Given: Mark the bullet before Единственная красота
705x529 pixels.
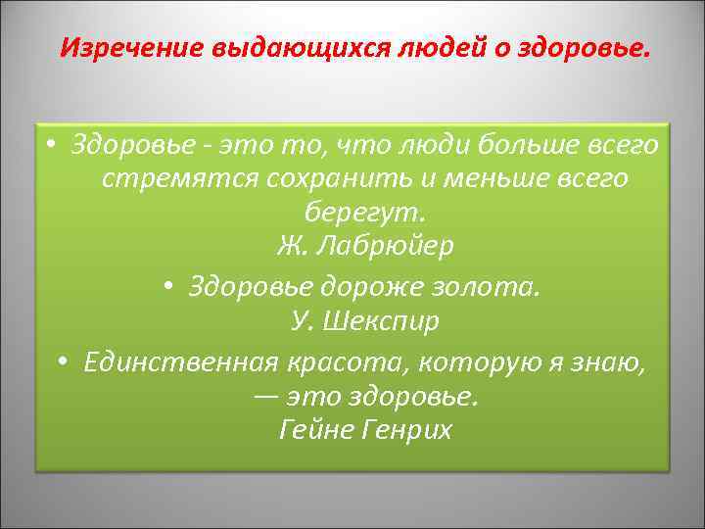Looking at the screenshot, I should pos(61,363).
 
